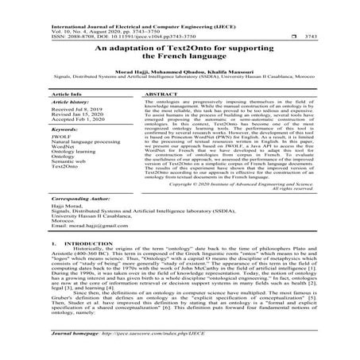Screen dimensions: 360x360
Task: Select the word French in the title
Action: (x=170, y=60)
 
